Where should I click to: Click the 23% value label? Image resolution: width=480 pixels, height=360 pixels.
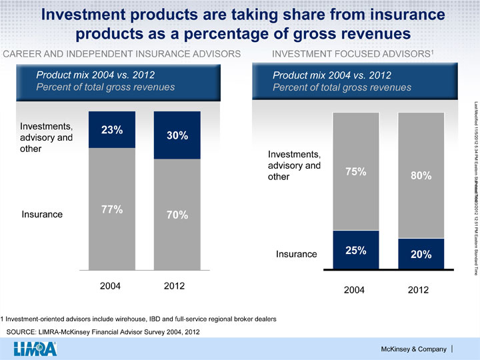click(111, 130)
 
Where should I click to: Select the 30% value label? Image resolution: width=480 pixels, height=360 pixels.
click(177, 136)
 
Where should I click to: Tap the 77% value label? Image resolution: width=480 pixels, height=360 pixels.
click(111, 191)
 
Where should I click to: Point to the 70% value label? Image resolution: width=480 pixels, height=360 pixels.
click(177, 197)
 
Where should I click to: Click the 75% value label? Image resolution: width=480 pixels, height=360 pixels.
click(355, 171)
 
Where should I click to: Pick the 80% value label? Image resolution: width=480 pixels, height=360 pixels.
click(421, 177)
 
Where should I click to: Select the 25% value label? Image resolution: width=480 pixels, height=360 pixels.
click(355, 251)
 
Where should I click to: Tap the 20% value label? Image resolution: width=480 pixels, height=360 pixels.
click(421, 255)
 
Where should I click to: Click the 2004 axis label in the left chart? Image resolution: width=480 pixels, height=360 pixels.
click(111, 286)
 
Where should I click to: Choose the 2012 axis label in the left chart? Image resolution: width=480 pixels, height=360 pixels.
click(177, 286)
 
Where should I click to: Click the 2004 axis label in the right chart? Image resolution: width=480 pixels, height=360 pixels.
click(355, 291)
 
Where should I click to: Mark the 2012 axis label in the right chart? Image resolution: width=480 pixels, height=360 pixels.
click(421, 291)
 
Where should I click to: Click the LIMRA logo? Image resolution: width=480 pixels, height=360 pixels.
click(35, 347)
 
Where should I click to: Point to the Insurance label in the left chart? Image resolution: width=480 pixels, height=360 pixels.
click(43, 196)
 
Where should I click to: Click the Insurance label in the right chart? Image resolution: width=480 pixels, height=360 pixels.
click(296, 254)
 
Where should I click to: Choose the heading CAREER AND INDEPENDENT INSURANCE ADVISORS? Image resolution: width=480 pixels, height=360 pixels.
click(122, 53)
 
